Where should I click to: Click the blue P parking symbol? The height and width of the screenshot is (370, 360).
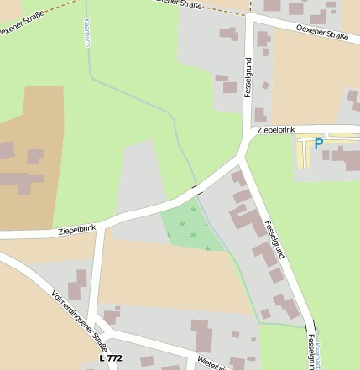click(x=318, y=143)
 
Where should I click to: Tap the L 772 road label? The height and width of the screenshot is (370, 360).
click(x=110, y=358)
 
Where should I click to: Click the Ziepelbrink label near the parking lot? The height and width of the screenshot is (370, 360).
click(x=276, y=130)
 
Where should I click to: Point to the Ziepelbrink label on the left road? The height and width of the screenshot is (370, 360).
click(x=77, y=228)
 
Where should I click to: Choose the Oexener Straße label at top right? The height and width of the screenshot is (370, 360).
click(x=322, y=34)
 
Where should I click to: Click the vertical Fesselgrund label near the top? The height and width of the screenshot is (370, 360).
click(x=248, y=77)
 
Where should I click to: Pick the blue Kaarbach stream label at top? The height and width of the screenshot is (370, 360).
click(x=87, y=31)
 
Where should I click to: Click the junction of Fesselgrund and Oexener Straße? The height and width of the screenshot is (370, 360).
click(x=252, y=17)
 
